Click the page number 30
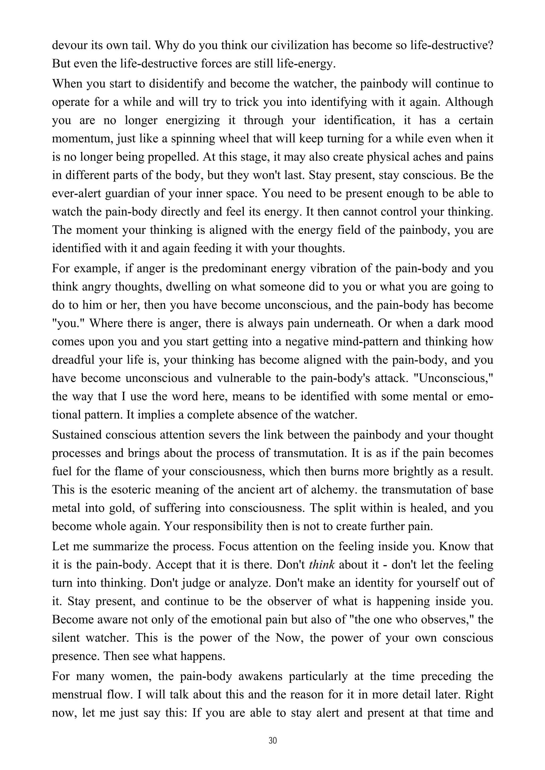272,741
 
